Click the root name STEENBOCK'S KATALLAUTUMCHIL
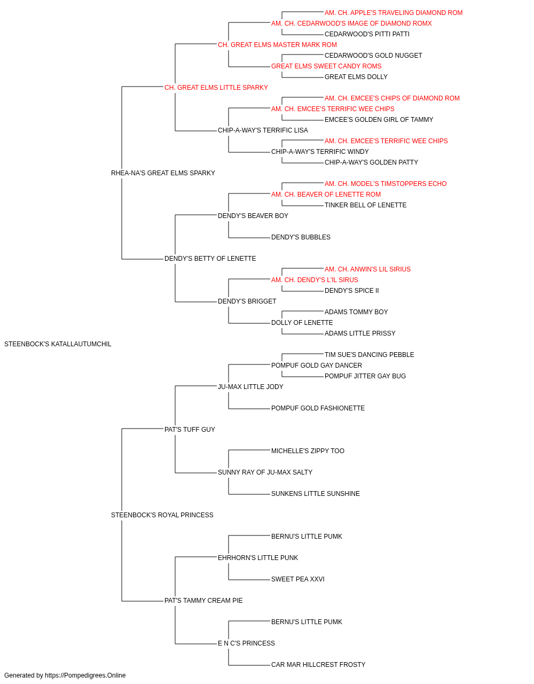coord(58,344)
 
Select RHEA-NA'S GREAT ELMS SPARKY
coord(163,173)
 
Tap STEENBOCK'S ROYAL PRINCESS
coord(162,515)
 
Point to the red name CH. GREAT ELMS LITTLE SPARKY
coord(216,88)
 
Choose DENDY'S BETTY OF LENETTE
coord(210,259)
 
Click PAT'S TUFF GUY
coord(190,430)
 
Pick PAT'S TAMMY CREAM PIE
coord(203,601)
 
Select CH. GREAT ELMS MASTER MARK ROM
coord(277,45)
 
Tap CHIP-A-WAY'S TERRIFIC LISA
coord(263,130)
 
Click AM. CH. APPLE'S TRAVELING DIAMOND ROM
coord(394,13)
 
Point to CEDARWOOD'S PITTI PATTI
coord(367,34)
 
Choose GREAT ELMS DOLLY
coord(356,77)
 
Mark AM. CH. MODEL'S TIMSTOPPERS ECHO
coord(386,184)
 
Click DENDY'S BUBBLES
coord(301,237)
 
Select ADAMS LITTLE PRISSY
coord(360,333)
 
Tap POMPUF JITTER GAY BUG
coord(365,376)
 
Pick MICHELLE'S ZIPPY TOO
coord(308,451)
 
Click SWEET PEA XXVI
coord(298,579)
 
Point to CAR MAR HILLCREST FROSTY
coord(318,665)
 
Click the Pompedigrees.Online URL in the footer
coord(85,675)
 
